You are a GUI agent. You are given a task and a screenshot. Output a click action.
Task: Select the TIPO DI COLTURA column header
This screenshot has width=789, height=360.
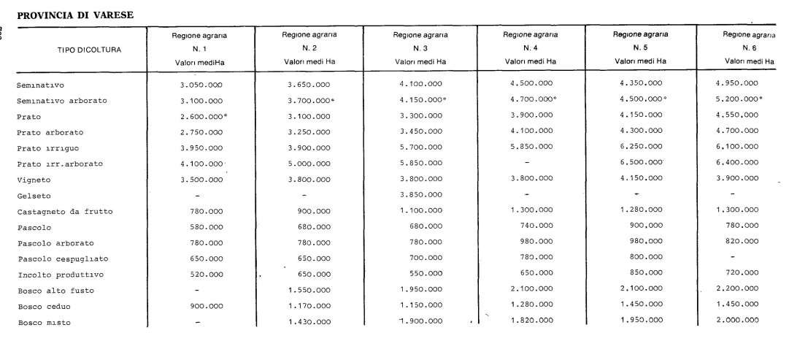[x=89, y=50]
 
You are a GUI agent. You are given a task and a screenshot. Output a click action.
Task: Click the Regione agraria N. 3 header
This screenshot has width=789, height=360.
[x=420, y=47]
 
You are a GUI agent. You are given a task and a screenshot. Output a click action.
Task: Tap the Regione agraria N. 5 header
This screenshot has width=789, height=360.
[x=641, y=47]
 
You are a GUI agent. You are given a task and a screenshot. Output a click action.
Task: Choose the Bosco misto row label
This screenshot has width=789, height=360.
[x=44, y=322]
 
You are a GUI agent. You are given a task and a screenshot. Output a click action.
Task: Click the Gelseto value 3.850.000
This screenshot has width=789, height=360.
[x=420, y=196]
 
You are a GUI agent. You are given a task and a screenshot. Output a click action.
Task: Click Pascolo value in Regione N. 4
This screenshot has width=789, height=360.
[x=529, y=227]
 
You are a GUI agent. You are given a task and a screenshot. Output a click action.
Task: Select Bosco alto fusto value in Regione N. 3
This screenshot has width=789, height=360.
[x=420, y=291]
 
